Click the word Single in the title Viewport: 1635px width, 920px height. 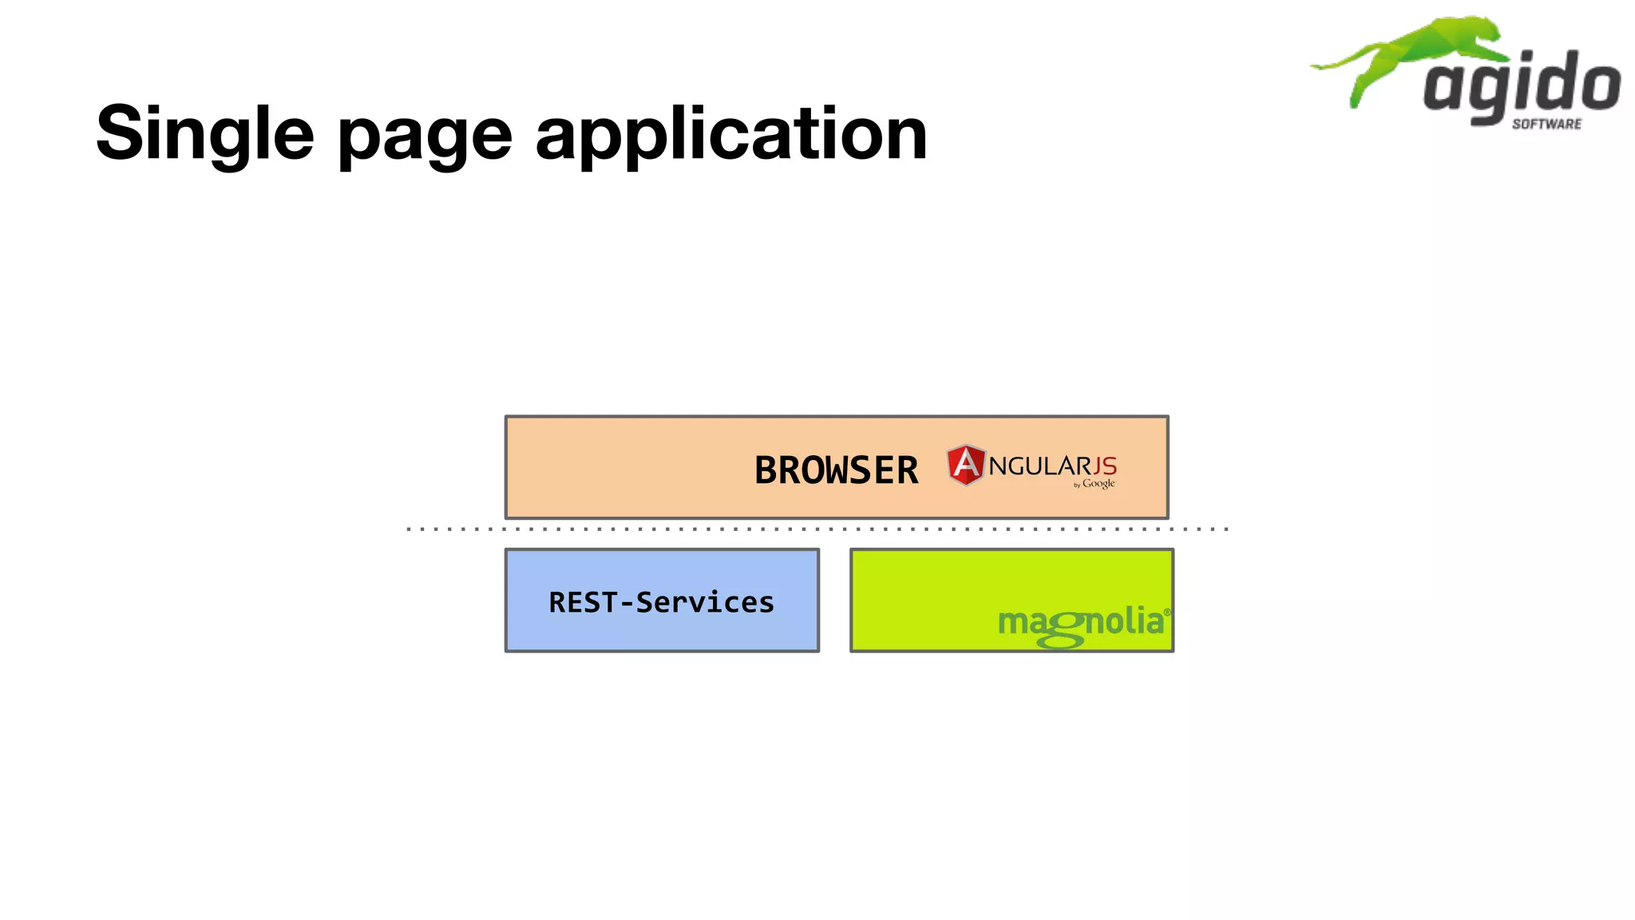[x=204, y=134]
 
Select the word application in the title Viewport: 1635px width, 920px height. [x=730, y=134]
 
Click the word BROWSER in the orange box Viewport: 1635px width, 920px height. [x=836, y=470]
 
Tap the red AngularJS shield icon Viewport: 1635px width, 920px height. [x=965, y=465]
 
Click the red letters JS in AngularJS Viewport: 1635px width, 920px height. [x=1105, y=466]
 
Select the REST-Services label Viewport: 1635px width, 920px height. [x=661, y=602]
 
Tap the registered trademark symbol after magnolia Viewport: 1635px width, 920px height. [x=1167, y=613]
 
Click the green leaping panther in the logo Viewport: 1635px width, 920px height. [x=1429, y=52]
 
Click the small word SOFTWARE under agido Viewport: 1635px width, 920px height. [x=1546, y=124]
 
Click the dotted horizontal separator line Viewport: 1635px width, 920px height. [x=817, y=529]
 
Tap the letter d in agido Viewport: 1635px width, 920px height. [x=1560, y=80]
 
